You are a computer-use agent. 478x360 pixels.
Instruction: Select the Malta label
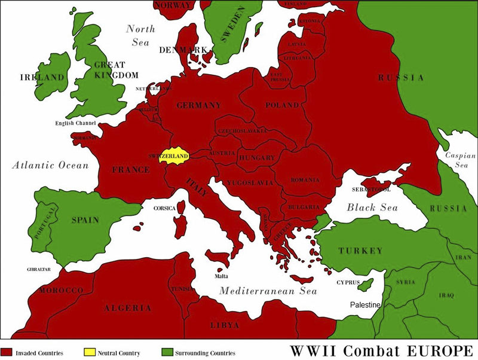pos(221,276)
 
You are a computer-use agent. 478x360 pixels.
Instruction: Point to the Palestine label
pos(365,305)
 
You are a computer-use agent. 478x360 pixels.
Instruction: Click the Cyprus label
pos(347,281)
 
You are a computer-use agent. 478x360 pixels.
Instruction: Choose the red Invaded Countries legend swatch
pos(7,352)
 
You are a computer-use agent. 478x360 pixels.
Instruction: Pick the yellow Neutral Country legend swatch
pos(88,352)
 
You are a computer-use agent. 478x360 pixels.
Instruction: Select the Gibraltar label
pos(39,269)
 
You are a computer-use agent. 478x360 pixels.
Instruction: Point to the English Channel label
pos(76,123)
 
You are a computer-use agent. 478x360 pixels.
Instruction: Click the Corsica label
pos(164,208)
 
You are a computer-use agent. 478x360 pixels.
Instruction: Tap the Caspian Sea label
pos(459,160)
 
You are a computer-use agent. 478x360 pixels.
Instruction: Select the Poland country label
pos(281,105)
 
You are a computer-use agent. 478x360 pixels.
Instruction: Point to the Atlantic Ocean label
pos(50,165)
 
